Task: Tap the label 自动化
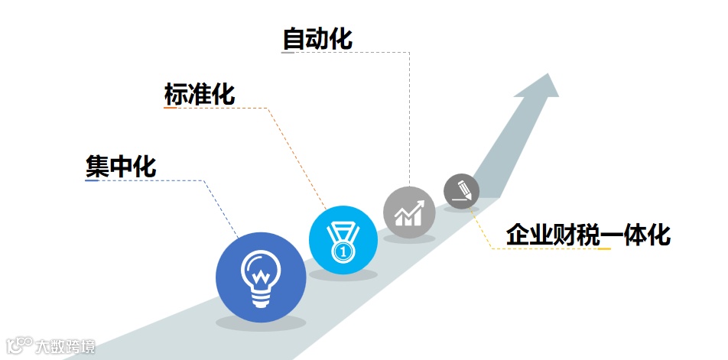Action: [x=317, y=38]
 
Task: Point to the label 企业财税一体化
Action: [x=587, y=235]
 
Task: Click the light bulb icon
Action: [x=261, y=274]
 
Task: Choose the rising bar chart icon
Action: [x=409, y=212]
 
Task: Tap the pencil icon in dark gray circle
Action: [x=462, y=191]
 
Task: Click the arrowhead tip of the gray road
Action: [x=548, y=76]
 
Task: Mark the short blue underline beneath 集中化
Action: [x=91, y=181]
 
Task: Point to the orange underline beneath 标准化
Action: [x=171, y=108]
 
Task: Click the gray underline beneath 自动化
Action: [x=288, y=53]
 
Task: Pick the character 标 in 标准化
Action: [x=176, y=94]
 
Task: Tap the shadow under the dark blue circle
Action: [x=261, y=323]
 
